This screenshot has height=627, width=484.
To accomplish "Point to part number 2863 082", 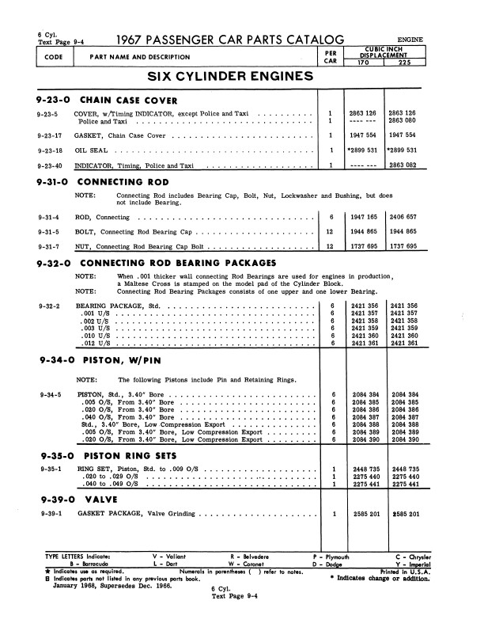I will click(x=406, y=165).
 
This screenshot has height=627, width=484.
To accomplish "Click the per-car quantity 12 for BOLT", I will click(x=331, y=232).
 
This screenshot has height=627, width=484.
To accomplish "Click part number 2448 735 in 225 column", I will click(x=406, y=469).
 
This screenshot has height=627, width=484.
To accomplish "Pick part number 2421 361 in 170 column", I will click(x=365, y=344).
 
